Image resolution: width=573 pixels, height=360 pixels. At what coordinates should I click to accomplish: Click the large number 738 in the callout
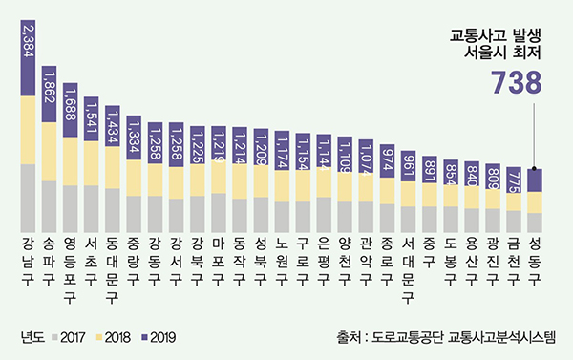point(516,85)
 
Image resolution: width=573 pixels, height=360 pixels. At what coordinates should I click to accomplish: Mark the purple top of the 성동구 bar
point(535,180)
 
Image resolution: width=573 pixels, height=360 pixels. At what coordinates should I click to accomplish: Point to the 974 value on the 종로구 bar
point(387,161)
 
